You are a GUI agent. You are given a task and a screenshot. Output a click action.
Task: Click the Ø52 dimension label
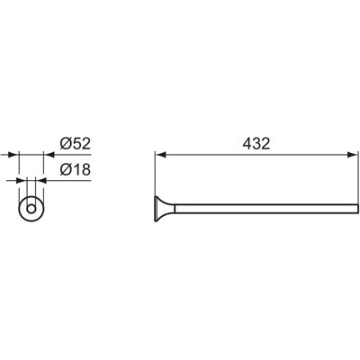75,144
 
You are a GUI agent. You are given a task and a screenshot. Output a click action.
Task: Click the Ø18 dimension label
75,170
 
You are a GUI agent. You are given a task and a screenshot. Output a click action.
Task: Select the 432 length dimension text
256,144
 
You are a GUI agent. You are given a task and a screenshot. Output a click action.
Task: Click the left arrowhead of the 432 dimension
161,155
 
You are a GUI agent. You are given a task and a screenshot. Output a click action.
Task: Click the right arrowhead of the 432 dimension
353,155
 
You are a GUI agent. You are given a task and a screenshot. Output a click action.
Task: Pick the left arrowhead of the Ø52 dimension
13,155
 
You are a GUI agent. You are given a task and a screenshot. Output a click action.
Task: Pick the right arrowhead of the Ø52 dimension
49,155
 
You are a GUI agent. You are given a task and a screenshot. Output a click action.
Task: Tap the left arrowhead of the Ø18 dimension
22,181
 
